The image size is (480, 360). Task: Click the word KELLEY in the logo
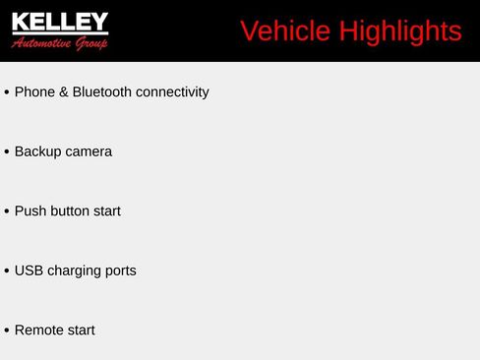[60, 23]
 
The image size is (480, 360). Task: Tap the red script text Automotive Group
[60, 43]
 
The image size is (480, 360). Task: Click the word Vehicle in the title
[285, 31]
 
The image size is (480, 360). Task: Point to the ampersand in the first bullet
[64, 92]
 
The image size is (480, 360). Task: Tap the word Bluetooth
[102, 92]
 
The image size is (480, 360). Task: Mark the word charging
[75, 270]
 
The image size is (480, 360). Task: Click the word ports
[121, 270]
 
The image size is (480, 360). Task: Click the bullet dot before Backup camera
[7, 152]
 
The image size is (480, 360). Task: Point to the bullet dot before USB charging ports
[7, 271]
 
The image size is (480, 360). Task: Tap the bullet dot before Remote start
[7, 331]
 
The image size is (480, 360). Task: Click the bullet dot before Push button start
[7, 212]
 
